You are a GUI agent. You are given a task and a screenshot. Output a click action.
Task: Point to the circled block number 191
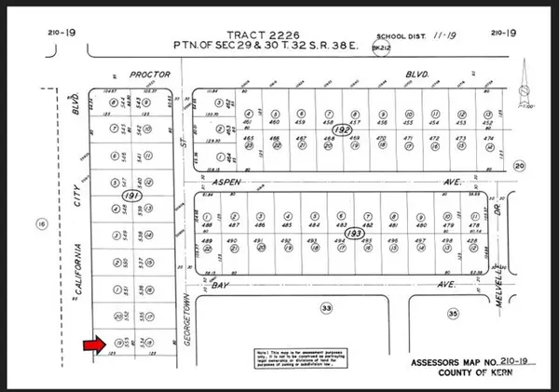(x=130, y=197)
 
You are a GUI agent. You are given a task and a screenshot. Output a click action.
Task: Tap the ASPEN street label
(x=239, y=182)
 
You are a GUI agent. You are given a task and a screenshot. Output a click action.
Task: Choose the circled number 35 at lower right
(x=454, y=314)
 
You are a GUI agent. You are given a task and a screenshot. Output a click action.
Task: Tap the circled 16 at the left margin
(x=40, y=223)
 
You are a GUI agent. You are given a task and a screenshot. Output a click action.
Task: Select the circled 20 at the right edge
(x=519, y=166)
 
